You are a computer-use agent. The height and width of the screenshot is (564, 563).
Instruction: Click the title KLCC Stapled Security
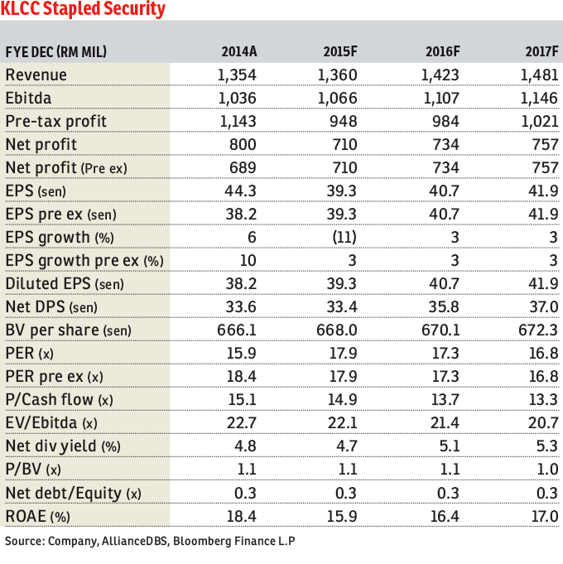(x=84, y=11)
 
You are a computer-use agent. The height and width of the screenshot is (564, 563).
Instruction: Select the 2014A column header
(x=239, y=51)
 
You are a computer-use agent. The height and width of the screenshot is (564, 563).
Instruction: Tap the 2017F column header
(x=542, y=51)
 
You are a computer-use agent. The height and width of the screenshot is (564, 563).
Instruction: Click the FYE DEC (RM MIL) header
(x=56, y=51)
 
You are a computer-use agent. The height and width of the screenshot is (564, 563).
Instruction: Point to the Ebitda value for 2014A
(x=237, y=98)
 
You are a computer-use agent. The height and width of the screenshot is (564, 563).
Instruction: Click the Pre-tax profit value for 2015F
(x=342, y=121)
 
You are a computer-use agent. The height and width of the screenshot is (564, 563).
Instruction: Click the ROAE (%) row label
(x=38, y=515)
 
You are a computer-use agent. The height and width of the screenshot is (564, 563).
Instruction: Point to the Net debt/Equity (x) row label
(x=74, y=492)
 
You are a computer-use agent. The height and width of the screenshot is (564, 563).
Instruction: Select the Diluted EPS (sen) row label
(x=65, y=283)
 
